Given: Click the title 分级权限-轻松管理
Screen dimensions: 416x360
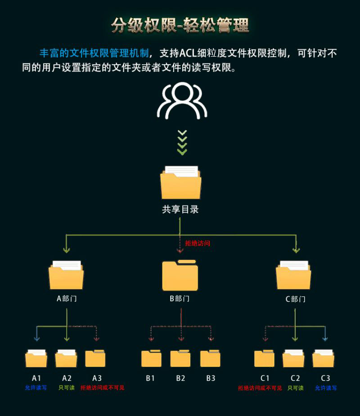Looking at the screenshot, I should tap(180, 25).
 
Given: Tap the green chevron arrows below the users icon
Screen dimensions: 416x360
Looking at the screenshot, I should tap(182, 142).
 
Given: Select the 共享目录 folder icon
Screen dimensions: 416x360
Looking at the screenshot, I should tap(180, 183).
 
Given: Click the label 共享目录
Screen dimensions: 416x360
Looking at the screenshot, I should tap(180, 210).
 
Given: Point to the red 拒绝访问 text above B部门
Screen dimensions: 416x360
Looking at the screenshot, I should tap(198, 243).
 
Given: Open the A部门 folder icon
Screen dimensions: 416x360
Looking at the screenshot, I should tap(66, 275).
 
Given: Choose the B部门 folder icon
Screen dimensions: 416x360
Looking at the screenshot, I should tap(180, 275).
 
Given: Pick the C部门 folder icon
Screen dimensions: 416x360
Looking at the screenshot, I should tap(293, 275).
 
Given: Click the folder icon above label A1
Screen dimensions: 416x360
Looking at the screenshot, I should tap(36, 358).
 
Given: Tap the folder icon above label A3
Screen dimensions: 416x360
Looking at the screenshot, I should tap(95, 358).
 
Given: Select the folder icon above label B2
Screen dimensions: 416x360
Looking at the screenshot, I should tap(180, 358).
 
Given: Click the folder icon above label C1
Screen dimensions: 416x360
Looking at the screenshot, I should tap(264, 358).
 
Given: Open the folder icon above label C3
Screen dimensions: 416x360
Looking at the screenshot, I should tap(323, 358).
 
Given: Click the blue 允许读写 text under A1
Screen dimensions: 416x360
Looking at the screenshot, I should tap(36, 388).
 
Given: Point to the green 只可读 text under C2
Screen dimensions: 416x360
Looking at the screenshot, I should tap(296, 388).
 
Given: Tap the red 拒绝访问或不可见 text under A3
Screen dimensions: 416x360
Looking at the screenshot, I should tap(102, 388).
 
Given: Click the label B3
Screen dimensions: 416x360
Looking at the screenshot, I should tap(211, 378).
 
